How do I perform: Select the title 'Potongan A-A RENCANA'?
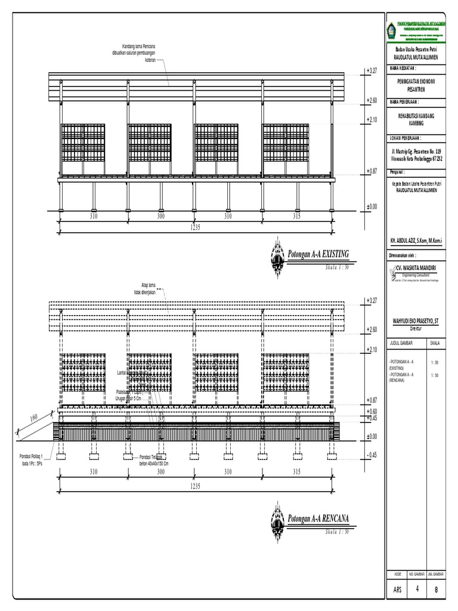[x=318, y=519]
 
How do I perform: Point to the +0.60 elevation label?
[x=373, y=411]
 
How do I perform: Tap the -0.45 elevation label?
[x=373, y=455]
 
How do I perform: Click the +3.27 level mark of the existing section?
[x=373, y=71]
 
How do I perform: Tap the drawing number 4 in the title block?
[x=417, y=588]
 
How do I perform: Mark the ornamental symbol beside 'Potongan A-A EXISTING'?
[x=277, y=257]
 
